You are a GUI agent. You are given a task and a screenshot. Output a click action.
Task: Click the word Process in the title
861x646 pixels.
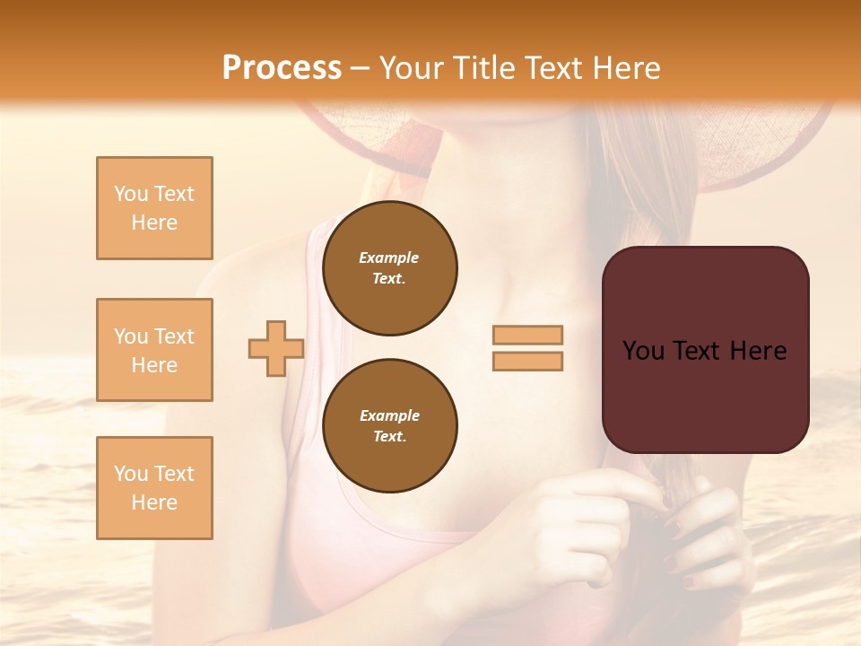(x=282, y=68)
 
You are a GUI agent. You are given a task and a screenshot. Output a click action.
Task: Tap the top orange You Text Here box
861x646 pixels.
(x=154, y=208)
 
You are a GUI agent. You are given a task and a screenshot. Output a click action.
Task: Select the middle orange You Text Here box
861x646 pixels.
(x=154, y=350)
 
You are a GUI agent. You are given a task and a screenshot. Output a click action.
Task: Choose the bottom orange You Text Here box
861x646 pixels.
(x=154, y=488)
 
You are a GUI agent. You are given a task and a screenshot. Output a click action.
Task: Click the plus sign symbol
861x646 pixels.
(x=275, y=348)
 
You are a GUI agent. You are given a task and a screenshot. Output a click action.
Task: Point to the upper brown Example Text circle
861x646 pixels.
(x=389, y=268)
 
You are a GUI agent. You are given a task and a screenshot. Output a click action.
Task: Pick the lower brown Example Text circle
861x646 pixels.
(x=389, y=426)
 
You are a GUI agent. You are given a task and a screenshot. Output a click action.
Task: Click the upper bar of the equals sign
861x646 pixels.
(x=527, y=335)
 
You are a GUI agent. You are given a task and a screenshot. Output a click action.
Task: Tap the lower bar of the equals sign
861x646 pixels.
(x=527, y=362)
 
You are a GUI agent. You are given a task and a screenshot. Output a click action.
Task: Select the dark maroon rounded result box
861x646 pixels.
(x=705, y=395)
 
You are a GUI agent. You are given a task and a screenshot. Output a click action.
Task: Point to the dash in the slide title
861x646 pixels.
(x=361, y=69)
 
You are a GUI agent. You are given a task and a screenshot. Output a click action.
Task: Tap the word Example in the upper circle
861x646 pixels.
(x=389, y=258)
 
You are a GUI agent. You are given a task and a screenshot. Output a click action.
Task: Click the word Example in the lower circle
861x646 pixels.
(x=389, y=415)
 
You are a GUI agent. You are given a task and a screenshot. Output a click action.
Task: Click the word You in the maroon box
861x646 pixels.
(x=643, y=351)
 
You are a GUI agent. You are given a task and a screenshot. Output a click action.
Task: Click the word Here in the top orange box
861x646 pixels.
(x=154, y=223)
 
